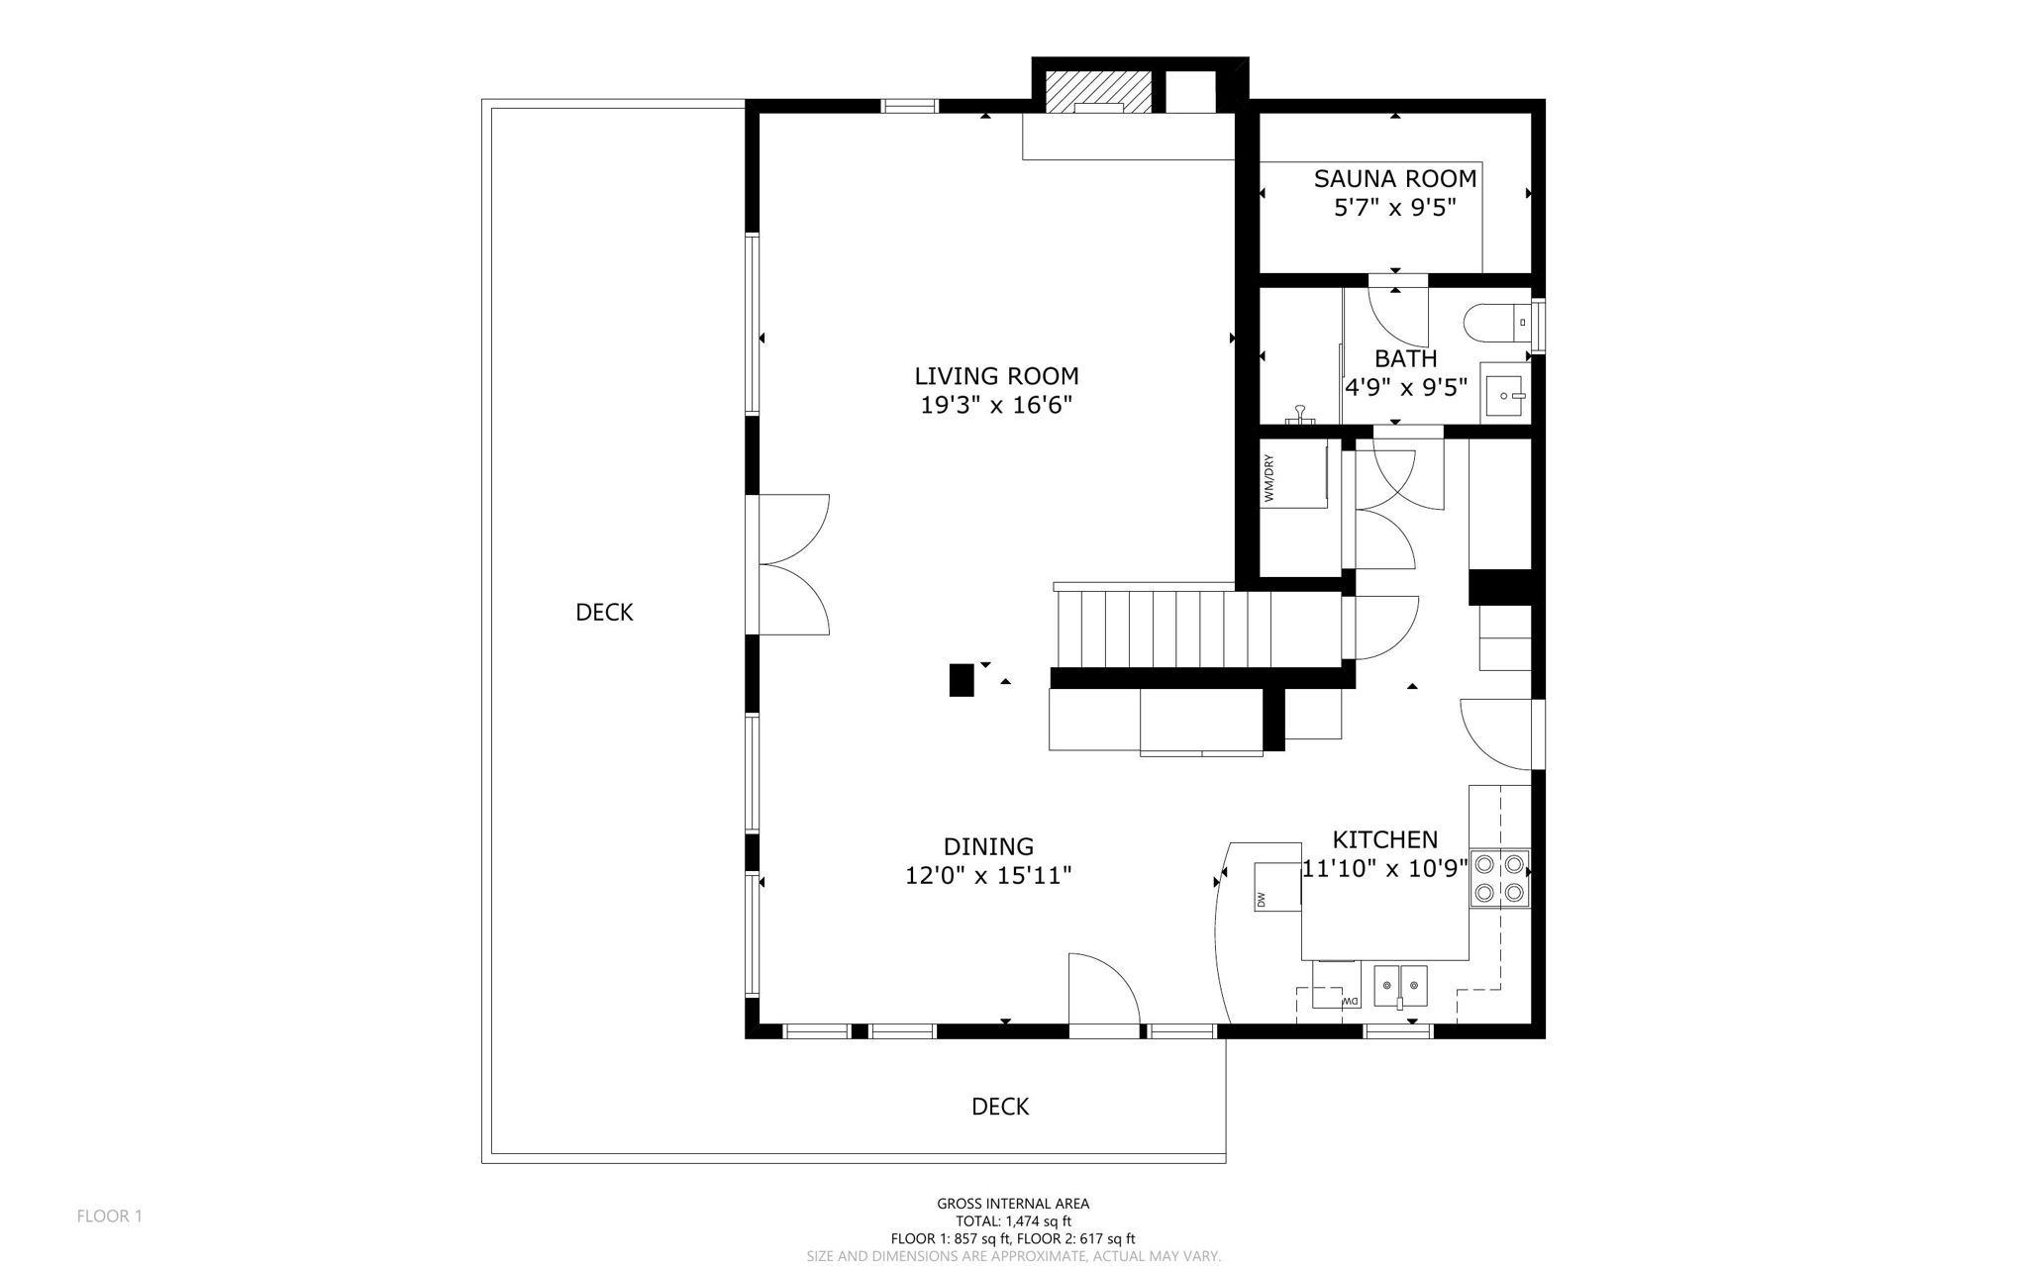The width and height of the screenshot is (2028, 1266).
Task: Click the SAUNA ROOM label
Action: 1394,179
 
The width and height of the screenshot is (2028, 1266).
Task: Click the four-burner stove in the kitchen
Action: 1499,877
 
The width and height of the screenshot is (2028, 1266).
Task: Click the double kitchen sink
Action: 1400,986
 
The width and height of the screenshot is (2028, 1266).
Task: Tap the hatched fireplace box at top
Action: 1099,91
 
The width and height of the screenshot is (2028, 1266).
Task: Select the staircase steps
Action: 1165,630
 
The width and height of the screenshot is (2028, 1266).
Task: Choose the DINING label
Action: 988,847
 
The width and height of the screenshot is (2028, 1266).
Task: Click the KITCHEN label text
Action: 1384,840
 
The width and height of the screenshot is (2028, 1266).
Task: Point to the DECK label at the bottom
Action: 1000,1107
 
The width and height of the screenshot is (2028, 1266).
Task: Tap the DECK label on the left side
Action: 604,613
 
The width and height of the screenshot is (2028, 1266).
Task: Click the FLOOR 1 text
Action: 110,1217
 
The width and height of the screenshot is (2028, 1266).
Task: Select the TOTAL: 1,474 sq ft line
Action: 1013,1221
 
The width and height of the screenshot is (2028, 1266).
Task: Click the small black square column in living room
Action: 961,680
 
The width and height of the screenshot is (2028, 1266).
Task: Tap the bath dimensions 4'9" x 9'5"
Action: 1405,387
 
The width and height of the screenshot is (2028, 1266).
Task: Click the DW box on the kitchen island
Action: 1276,886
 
